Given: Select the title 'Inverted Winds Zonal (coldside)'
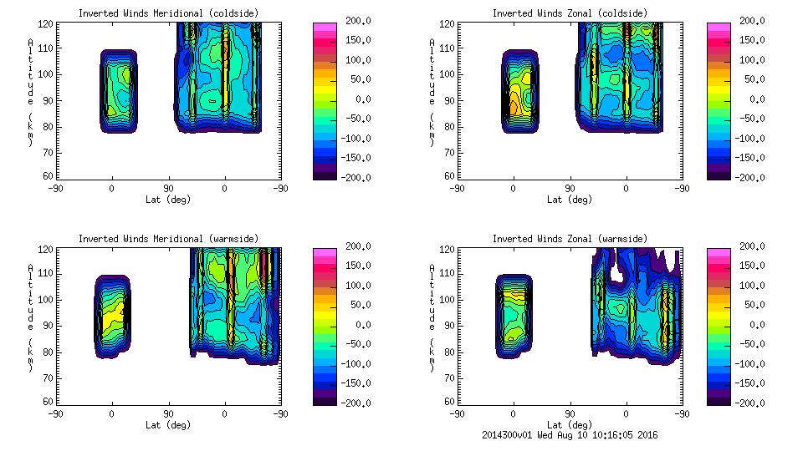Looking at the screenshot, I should click(x=570, y=13).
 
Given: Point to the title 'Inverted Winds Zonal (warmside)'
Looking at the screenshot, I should click(x=570, y=239).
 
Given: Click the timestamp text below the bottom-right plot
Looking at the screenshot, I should click(x=570, y=435).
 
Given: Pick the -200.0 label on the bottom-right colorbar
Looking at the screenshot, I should click(x=754, y=403).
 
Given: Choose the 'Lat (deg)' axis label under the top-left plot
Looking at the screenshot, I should click(x=168, y=200).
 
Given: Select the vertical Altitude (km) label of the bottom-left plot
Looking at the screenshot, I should click(x=30, y=310).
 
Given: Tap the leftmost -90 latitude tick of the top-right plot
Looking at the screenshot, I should click(x=457, y=189).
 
